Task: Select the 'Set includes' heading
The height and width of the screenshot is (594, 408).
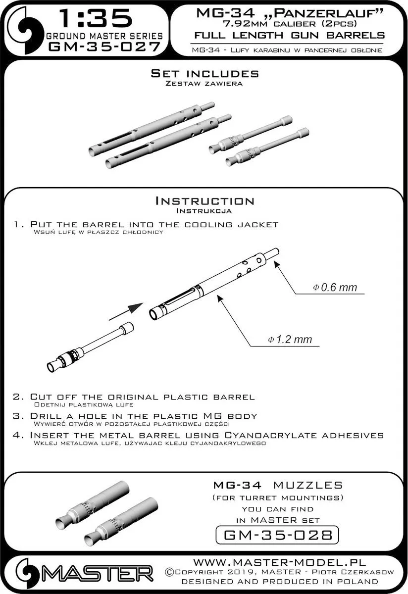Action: pyautogui.click(x=204, y=74)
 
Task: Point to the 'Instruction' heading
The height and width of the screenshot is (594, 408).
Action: pyautogui.click(x=204, y=201)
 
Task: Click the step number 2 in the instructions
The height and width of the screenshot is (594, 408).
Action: pyautogui.click(x=18, y=397)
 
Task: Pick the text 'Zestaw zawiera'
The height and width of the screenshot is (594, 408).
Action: pyautogui.click(x=204, y=84)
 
